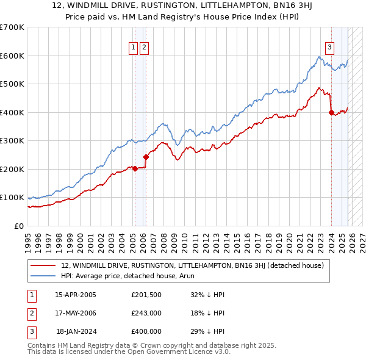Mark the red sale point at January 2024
[x=331, y=112]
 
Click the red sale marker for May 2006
[x=146, y=157]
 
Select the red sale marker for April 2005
[x=135, y=169]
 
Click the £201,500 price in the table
[x=146, y=295]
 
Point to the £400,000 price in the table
[x=146, y=331]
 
